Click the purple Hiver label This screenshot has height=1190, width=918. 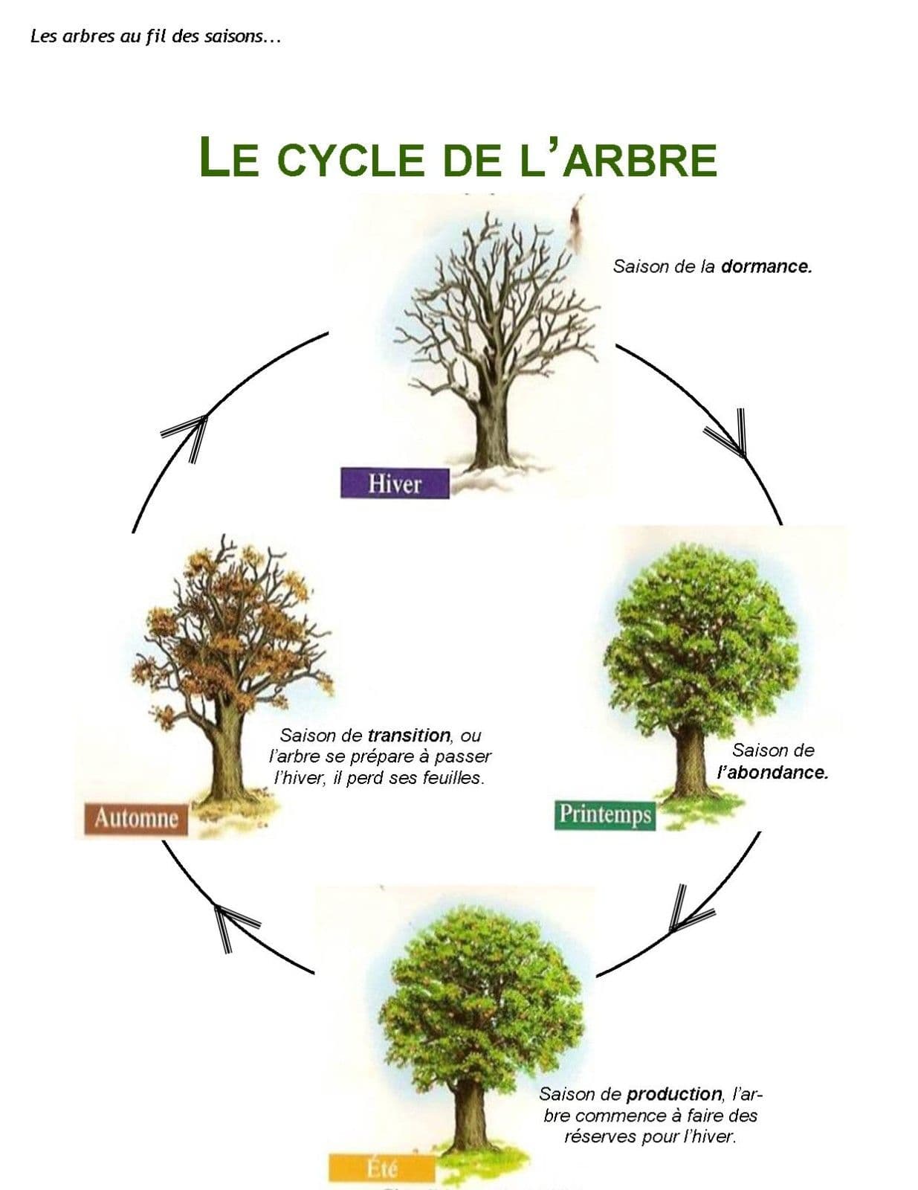click(x=395, y=484)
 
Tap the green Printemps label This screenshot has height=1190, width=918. click(x=604, y=814)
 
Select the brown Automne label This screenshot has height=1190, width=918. click(x=136, y=819)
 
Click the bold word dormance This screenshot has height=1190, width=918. click(x=766, y=266)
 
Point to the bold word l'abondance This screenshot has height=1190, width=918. click(x=772, y=772)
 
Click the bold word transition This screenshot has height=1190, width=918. click(x=409, y=736)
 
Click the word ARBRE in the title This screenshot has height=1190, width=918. click(x=640, y=159)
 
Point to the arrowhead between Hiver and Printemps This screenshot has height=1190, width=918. click(x=728, y=434)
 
